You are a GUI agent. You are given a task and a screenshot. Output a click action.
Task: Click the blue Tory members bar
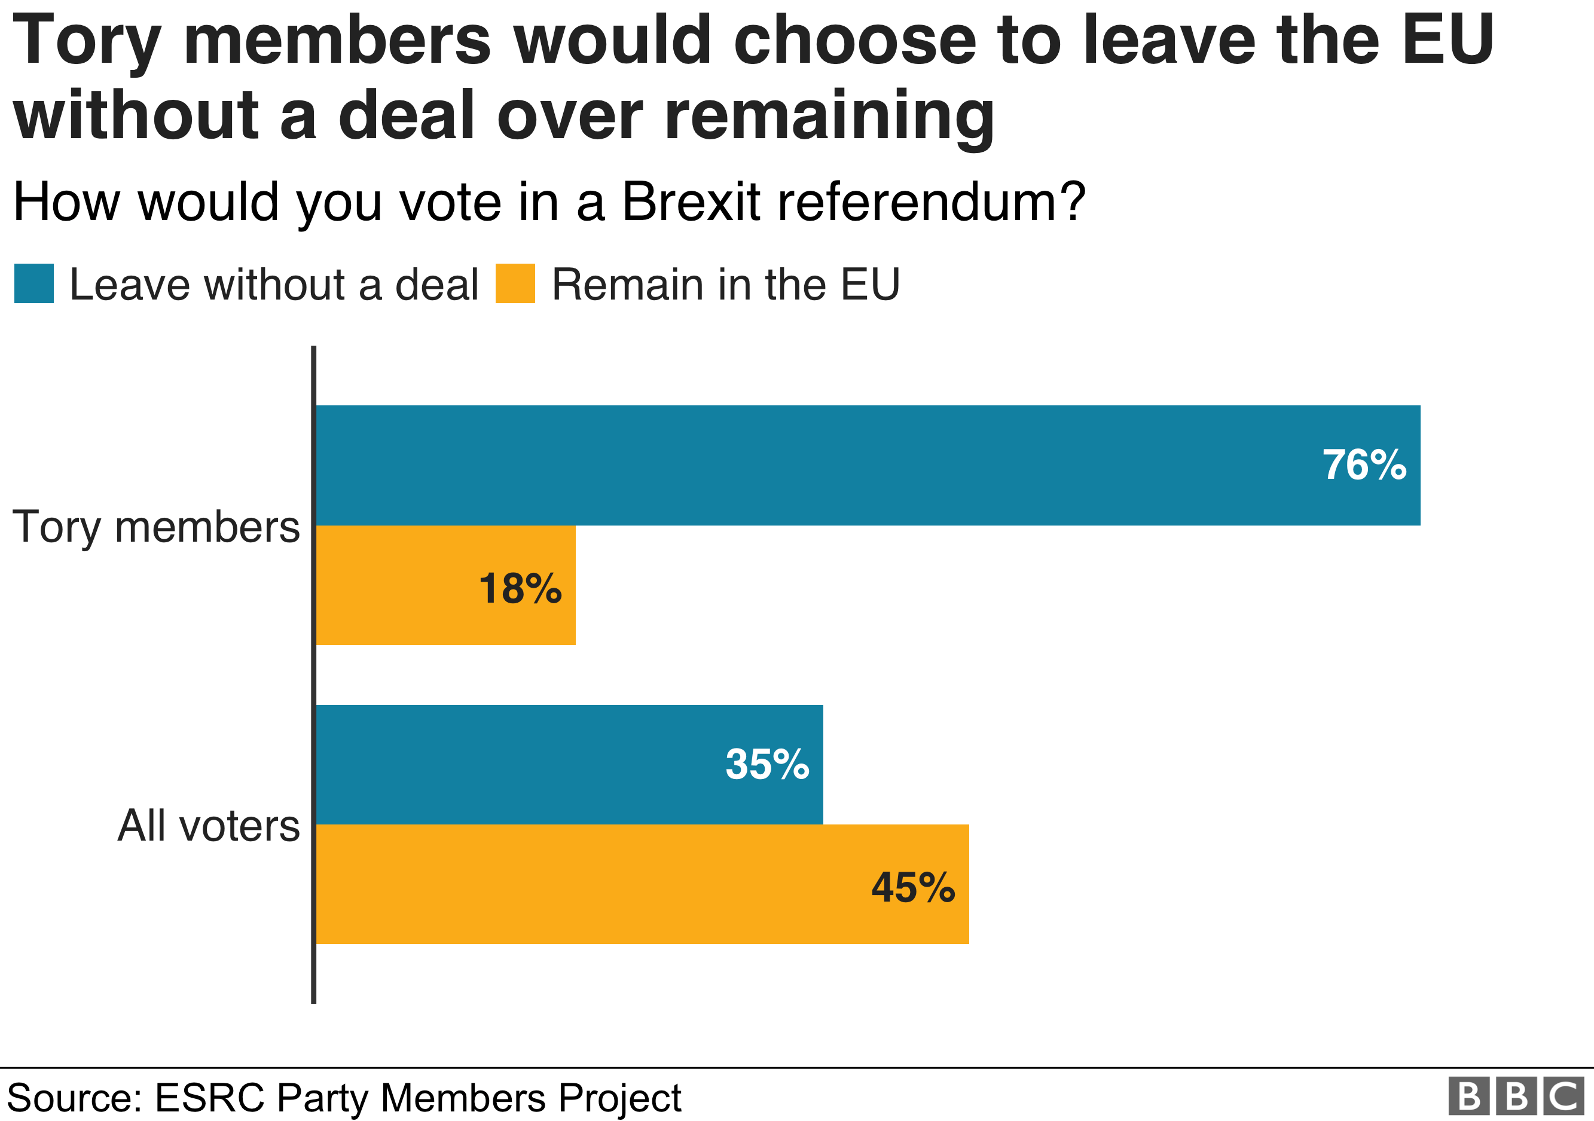[868, 465]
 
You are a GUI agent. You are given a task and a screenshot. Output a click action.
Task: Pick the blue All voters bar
[569, 764]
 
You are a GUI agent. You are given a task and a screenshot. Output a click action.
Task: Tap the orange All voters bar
[642, 884]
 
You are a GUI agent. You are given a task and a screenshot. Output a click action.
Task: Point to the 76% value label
[1364, 465]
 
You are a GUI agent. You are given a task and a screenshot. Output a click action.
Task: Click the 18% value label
[520, 589]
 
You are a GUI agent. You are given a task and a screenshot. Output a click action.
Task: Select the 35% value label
[767, 764]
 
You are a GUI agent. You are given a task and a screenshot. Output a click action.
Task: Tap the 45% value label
[913, 887]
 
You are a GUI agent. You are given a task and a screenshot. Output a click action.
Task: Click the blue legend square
[34, 283]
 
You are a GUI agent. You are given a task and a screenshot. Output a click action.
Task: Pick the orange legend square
[515, 283]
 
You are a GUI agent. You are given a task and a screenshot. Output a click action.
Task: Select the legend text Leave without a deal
[274, 285]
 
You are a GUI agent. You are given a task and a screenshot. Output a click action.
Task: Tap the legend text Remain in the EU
[725, 285]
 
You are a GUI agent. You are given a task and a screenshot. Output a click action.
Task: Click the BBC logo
[1516, 1096]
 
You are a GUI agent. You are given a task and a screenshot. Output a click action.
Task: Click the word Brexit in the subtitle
[691, 202]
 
